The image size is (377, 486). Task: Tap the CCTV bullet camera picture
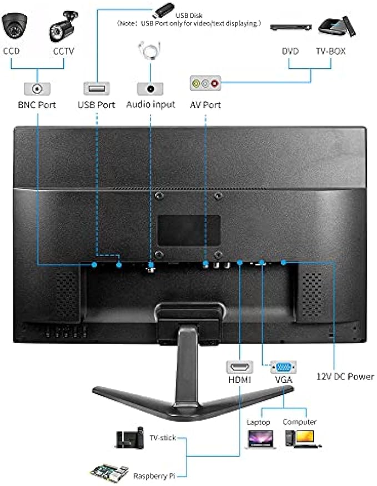tap(63, 26)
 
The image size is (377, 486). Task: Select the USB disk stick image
tap(160, 9)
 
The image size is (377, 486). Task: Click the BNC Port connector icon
tap(37, 88)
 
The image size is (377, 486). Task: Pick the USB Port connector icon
tap(97, 88)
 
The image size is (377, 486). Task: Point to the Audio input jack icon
tap(150, 88)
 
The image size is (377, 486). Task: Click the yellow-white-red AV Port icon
tap(205, 84)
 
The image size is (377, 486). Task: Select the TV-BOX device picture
tap(334, 26)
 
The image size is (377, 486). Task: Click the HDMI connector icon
tap(239, 367)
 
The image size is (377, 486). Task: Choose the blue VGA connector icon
tap(283, 367)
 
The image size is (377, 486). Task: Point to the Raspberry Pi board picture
tap(109, 472)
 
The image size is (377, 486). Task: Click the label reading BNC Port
tap(37, 104)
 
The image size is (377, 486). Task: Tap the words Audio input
tap(150, 104)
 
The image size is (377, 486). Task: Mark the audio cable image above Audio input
tap(150, 51)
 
